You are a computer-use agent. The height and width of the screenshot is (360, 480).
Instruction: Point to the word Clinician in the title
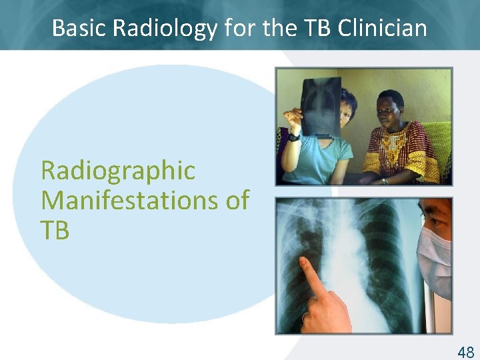click(x=382, y=27)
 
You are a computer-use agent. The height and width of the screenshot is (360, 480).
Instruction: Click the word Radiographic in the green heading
click(x=118, y=171)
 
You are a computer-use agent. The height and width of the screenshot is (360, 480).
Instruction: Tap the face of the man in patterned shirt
click(x=390, y=107)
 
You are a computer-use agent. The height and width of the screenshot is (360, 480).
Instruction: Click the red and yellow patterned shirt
click(x=400, y=150)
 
